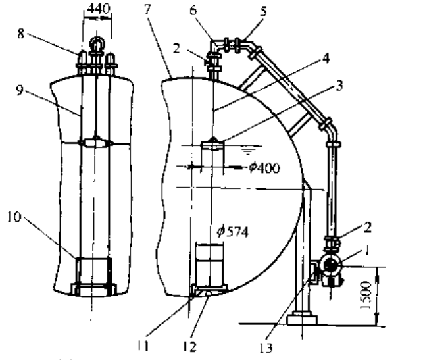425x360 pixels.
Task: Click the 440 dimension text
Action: [99, 9]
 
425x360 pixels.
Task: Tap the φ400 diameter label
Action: [264, 168]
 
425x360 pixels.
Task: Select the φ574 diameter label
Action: [232, 232]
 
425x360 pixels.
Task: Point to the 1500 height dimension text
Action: [366, 295]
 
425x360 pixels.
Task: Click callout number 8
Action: [21, 34]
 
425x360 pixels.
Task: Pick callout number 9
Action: [20, 90]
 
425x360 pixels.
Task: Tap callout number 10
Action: [14, 217]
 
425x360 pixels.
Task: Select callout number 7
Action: [147, 9]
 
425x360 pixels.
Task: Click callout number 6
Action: [193, 10]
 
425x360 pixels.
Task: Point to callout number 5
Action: [263, 12]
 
